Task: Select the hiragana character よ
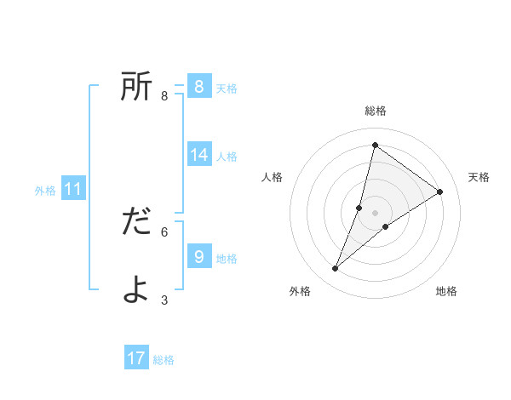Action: coord(136,289)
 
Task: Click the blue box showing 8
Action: coord(198,86)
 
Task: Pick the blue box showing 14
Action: coord(199,154)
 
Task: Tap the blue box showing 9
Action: coord(198,256)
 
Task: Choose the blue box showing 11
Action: coord(72,189)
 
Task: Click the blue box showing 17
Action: coord(136,358)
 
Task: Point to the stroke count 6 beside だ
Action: coord(164,231)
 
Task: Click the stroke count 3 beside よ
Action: coord(164,300)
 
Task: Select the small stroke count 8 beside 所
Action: coord(164,96)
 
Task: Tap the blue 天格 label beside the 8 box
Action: coord(227,88)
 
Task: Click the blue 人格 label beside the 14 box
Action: coord(227,157)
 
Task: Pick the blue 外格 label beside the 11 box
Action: coord(45,191)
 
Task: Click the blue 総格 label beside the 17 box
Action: coord(164,360)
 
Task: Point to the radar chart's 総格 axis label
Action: coord(375,111)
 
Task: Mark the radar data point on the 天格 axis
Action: coord(440,191)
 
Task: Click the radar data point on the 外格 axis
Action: coord(336,269)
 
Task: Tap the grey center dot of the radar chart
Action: coord(375,213)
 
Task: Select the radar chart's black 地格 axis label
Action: coord(446,291)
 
